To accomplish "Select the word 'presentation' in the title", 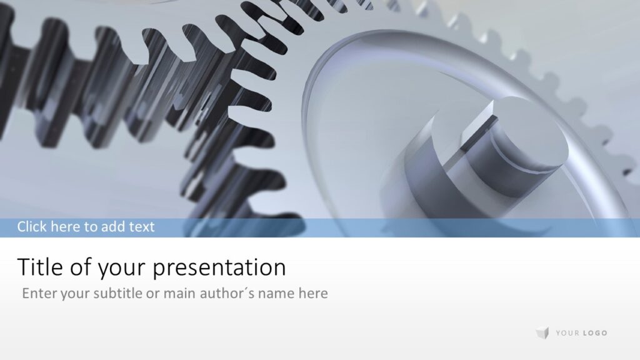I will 219,268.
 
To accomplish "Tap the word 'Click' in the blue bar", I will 32,226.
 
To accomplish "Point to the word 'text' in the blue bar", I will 141,226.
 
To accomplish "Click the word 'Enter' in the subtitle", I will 39,293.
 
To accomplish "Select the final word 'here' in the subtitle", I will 313,293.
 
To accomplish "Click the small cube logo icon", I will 542,333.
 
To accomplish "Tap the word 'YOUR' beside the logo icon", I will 567,333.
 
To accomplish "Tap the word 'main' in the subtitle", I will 179,293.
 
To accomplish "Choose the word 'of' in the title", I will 79,267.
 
